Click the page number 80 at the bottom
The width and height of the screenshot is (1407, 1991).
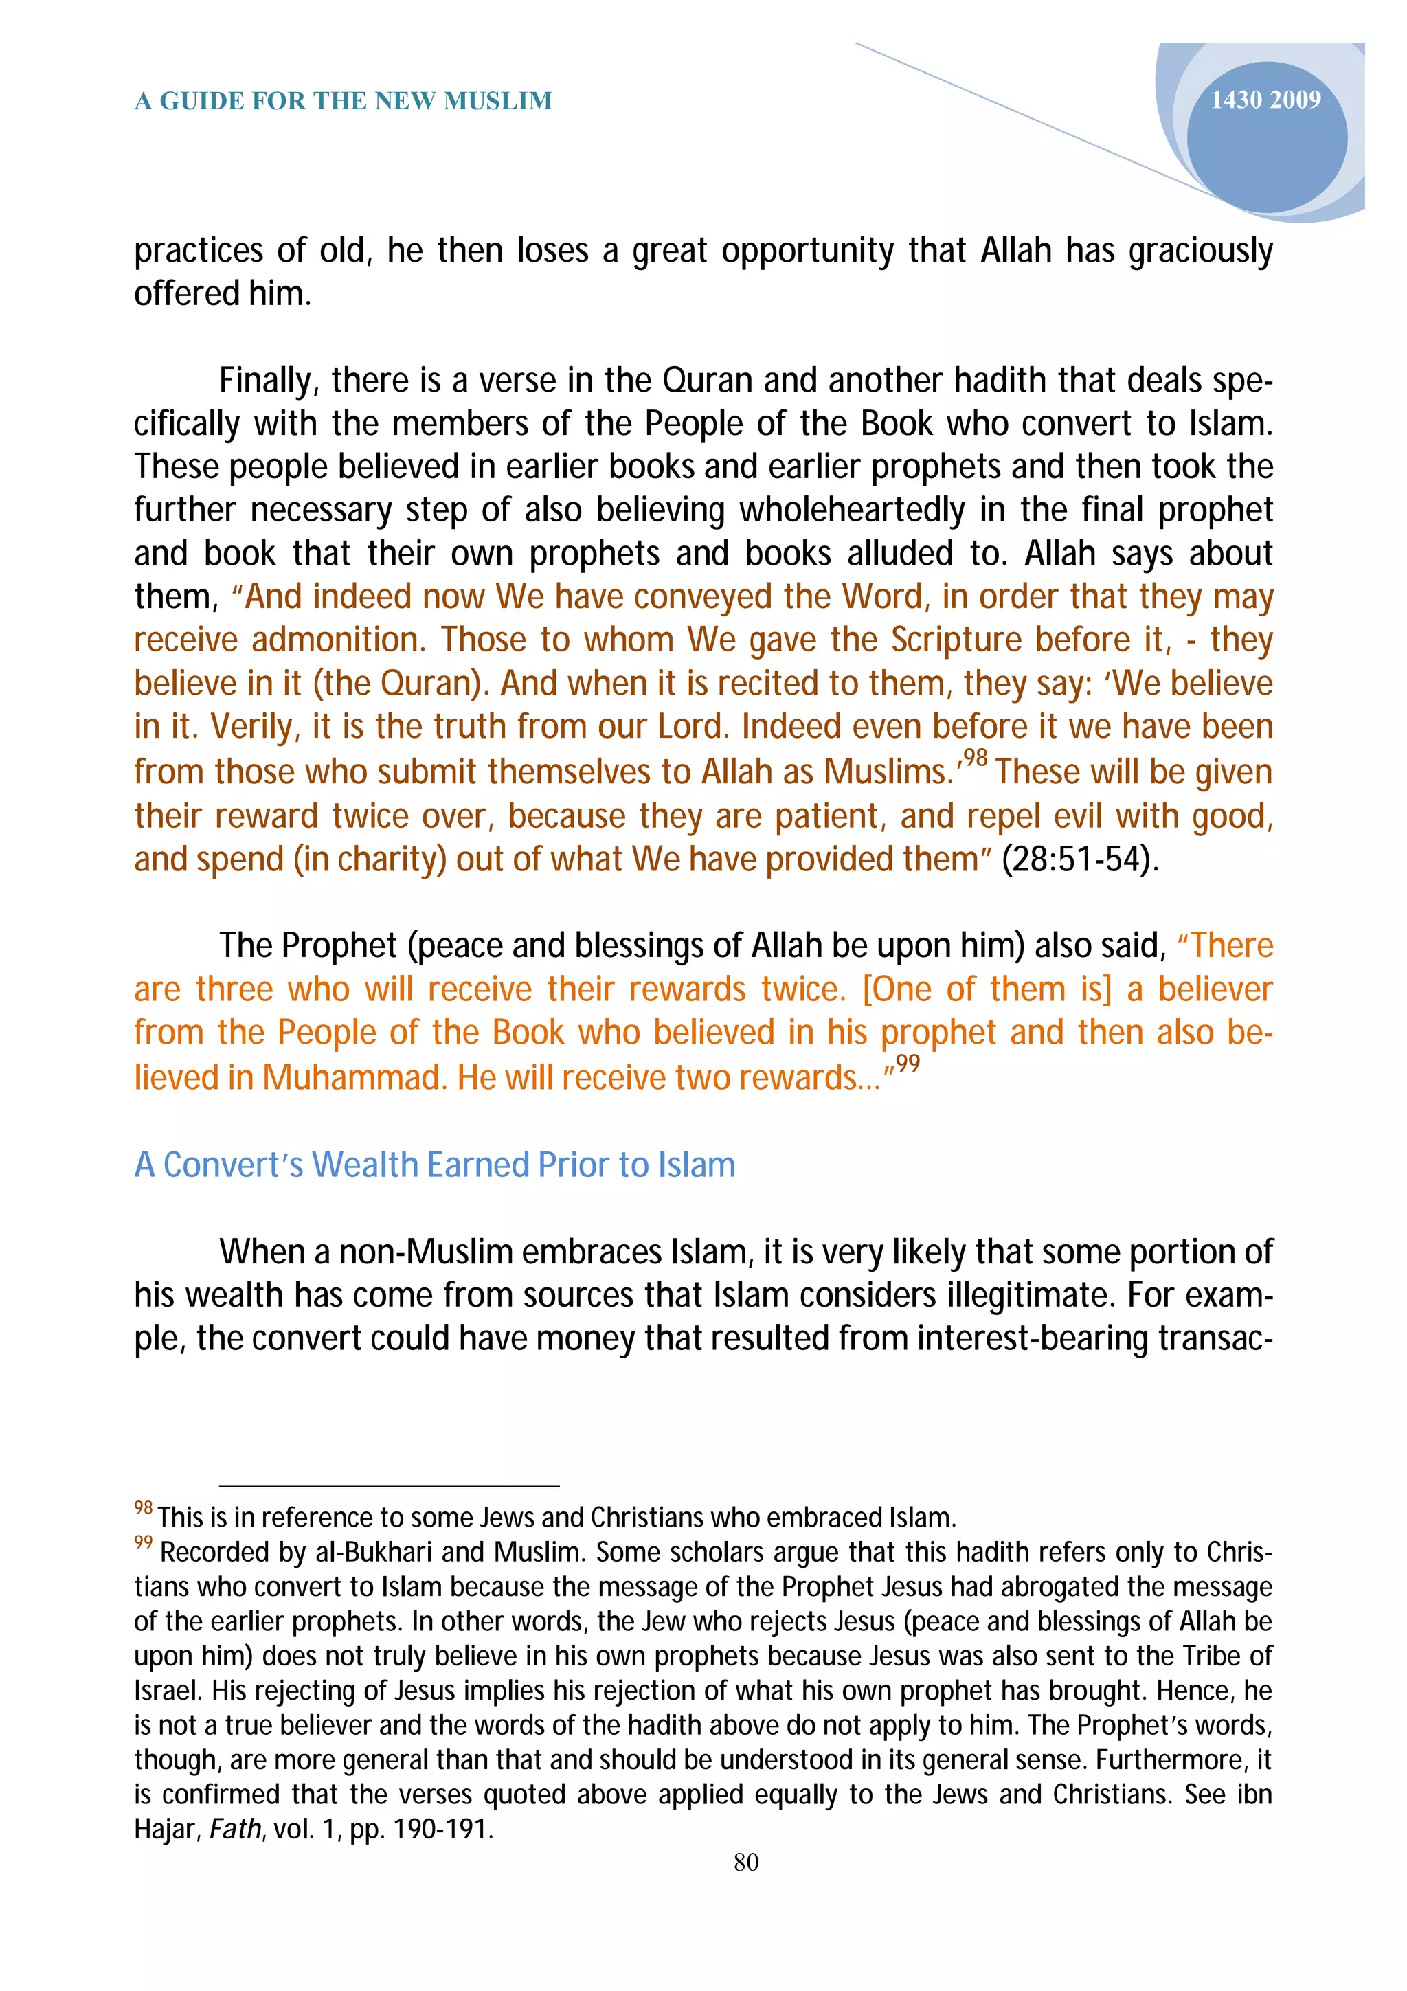745,1862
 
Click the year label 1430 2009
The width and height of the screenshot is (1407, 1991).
1265,100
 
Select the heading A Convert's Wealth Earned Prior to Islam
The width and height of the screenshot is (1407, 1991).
434,1165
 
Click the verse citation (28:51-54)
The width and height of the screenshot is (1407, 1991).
1079,859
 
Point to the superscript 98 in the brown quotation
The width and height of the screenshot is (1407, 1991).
976,758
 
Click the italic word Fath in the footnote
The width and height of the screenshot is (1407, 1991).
235,1829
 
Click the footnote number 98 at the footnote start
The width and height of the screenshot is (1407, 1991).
143,1508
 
